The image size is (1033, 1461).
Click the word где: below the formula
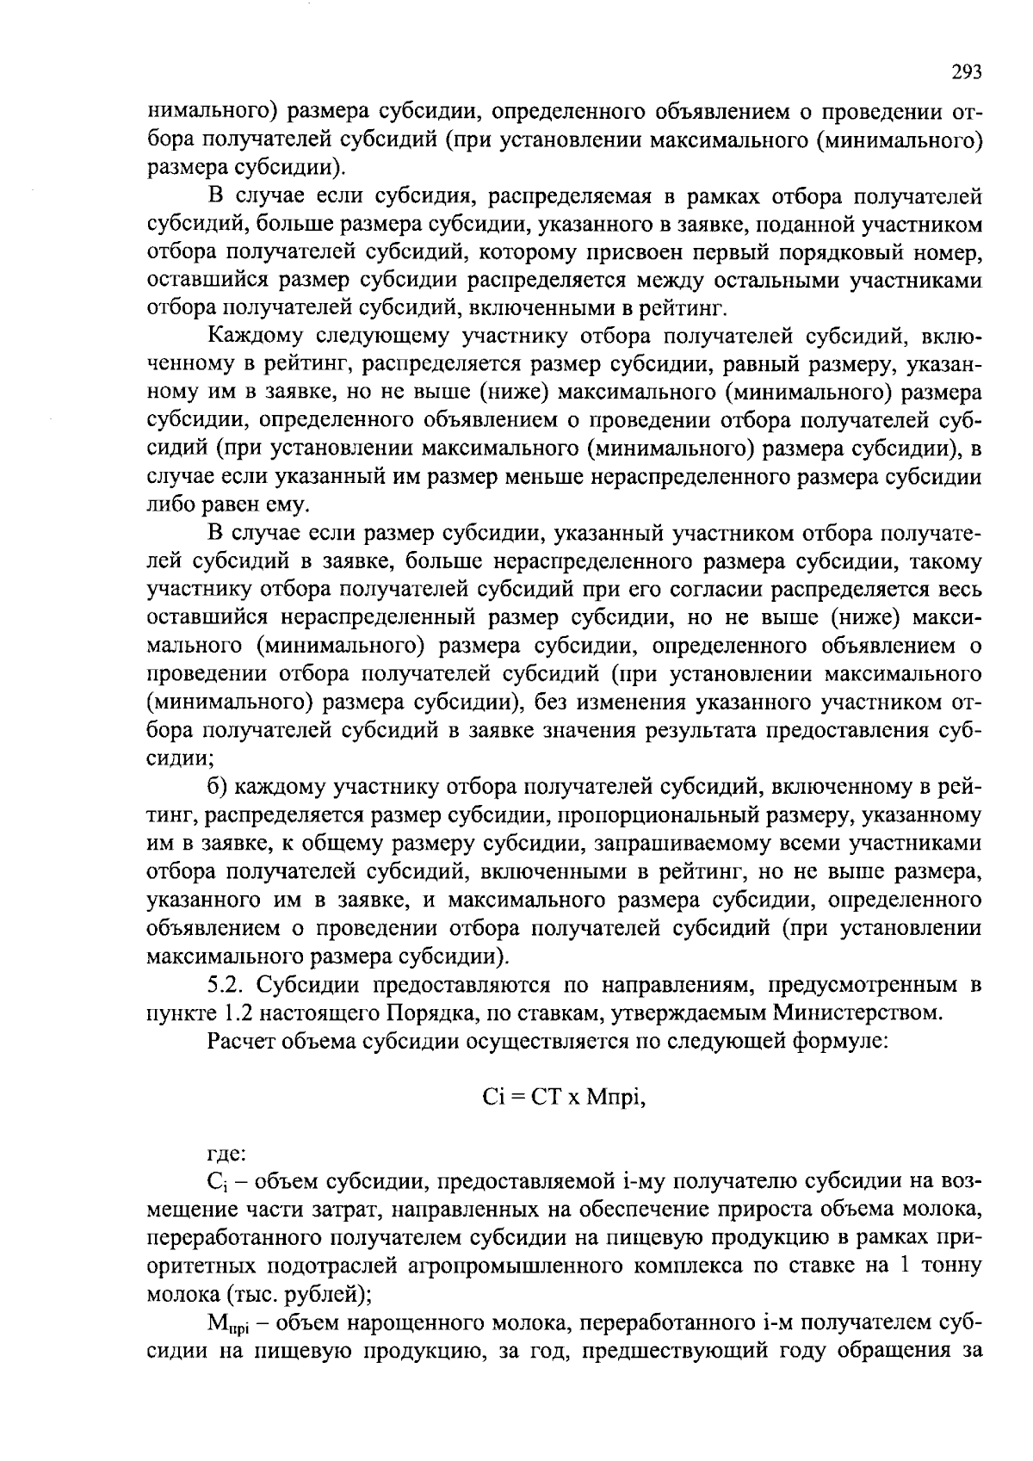(228, 1154)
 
